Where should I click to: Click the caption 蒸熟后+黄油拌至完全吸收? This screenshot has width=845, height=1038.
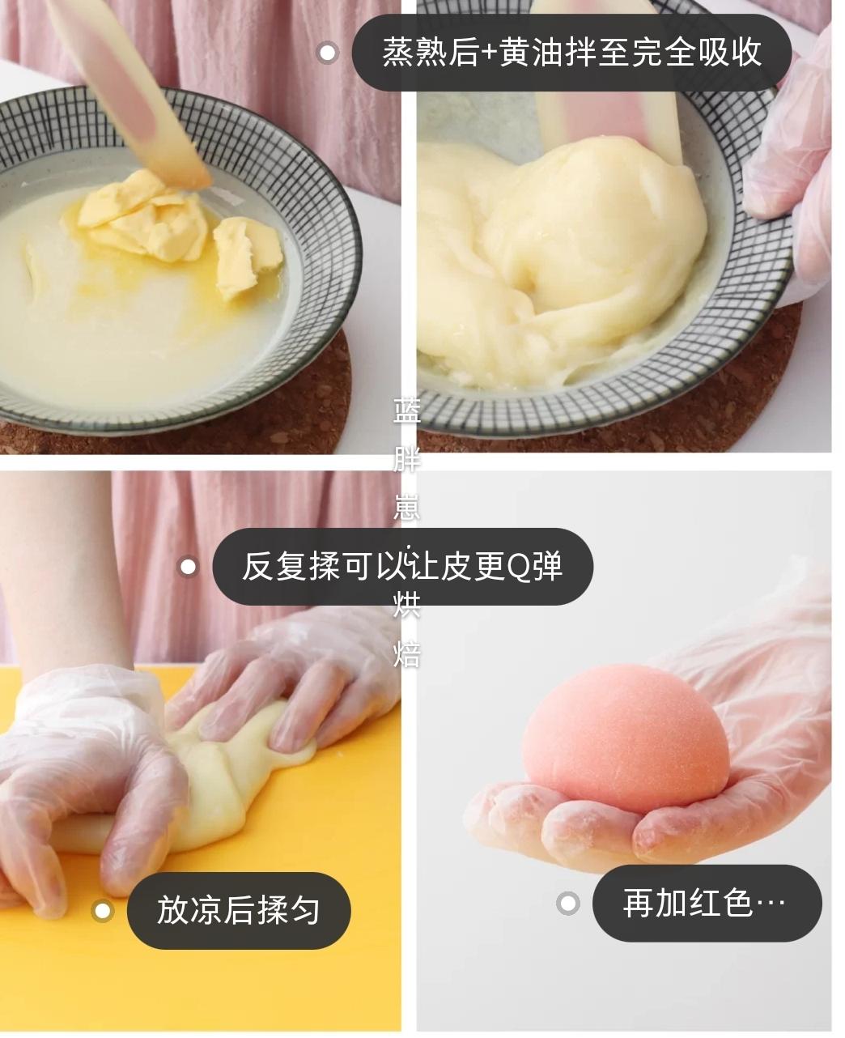(571, 53)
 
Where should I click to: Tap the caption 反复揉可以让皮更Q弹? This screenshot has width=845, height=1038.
(402, 566)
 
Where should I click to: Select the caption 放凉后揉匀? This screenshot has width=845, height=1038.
(238, 910)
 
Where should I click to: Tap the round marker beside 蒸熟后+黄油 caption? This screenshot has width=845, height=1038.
(327, 53)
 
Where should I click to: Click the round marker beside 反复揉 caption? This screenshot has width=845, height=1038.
(188, 567)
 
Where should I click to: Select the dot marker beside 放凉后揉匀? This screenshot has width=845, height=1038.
(102, 911)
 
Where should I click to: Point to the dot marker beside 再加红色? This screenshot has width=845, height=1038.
(568, 903)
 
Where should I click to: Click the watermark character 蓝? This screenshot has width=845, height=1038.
(406, 411)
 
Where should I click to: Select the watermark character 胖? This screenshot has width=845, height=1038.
(406, 460)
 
